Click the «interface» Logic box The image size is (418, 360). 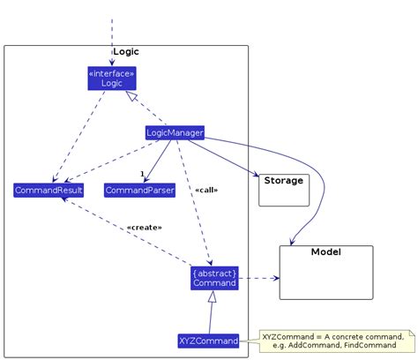point(112,78)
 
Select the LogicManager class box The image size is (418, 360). point(175,133)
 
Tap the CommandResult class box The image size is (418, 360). point(49,190)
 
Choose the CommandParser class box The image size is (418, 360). point(139,190)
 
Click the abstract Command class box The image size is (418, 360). point(214,278)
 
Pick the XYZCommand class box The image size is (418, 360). point(209,341)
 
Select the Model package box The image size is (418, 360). point(325,272)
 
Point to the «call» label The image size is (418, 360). point(205,190)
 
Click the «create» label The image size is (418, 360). point(144,227)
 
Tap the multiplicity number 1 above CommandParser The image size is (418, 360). point(141,174)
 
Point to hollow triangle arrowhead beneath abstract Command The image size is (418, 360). point(212,298)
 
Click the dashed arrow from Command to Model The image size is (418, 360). point(259,278)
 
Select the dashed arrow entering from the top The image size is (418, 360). point(112,40)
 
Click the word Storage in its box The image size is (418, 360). point(283,181)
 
